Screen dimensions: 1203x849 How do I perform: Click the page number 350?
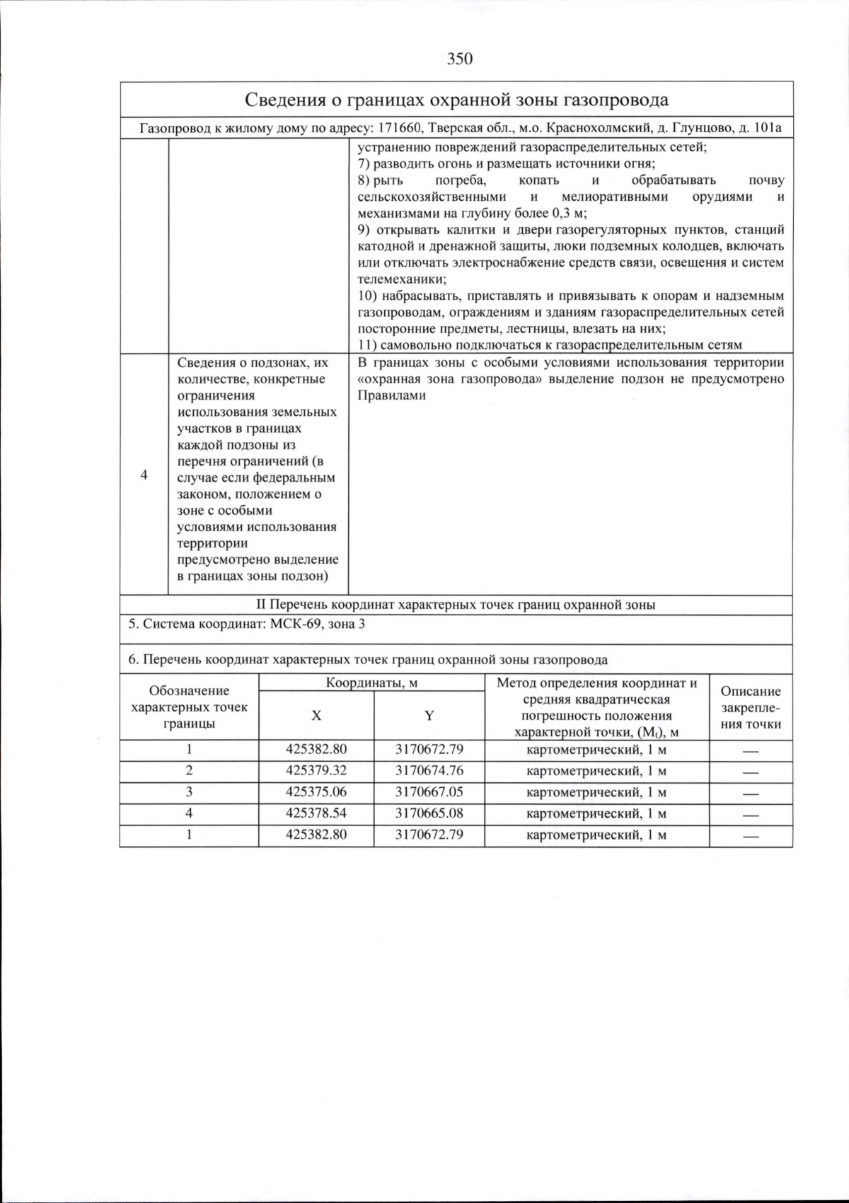tap(459, 59)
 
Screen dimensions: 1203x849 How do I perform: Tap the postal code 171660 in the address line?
tap(400, 129)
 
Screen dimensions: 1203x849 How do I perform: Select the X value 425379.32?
tap(316, 770)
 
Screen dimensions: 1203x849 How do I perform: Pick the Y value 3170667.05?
tap(429, 791)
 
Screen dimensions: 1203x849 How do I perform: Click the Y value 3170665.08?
tap(429, 813)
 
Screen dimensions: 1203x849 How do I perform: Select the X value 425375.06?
tap(316, 791)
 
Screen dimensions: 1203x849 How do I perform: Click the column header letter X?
tap(316, 715)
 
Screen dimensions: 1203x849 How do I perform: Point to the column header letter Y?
tap(429, 715)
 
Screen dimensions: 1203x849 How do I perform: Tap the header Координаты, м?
tap(371, 682)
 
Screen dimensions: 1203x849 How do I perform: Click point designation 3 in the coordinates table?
tap(189, 791)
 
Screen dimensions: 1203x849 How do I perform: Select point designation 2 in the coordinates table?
tap(189, 770)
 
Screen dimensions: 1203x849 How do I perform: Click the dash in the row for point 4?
tap(750, 814)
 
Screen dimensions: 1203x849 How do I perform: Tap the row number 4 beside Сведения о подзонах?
tap(144, 475)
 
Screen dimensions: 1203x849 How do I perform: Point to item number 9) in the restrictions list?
tap(364, 230)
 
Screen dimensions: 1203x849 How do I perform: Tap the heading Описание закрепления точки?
tap(751, 707)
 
